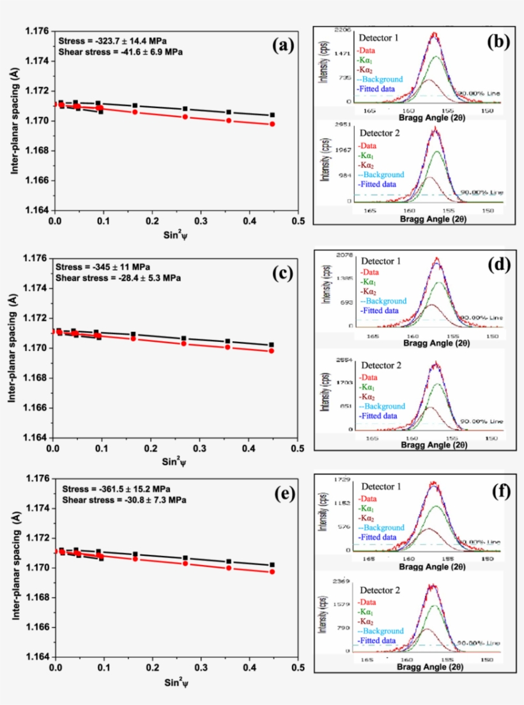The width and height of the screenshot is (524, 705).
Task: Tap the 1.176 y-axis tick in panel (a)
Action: [x=37, y=31]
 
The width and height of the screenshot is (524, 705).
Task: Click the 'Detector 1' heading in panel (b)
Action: [x=378, y=38]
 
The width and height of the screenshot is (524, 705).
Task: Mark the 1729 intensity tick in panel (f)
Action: [x=340, y=480]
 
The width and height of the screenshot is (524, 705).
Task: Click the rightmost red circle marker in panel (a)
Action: [x=272, y=124]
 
